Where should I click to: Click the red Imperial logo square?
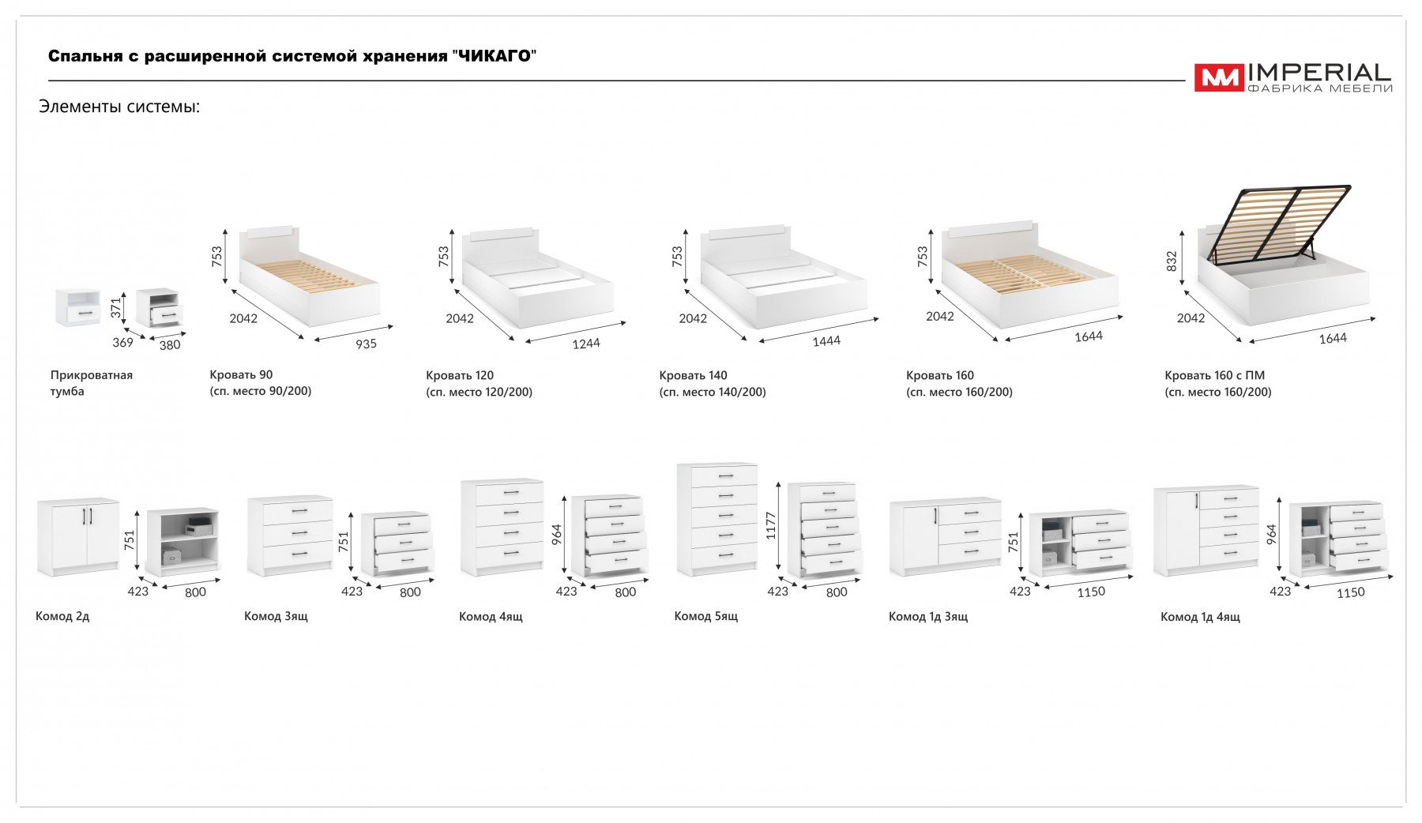pyautogui.click(x=1218, y=77)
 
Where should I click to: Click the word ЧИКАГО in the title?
pyautogui.click(x=495, y=56)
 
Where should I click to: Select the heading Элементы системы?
pyautogui.click(x=119, y=107)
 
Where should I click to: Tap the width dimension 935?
pyautogui.click(x=366, y=344)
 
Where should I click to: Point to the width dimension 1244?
pyautogui.click(x=586, y=344)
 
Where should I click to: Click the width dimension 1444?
pyautogui.click(x=826, y=341)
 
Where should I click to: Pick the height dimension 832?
pyautogui.click(x=1172, y=261)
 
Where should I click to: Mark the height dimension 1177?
pyautogui.click(x=771, y=526)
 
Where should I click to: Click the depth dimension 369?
pyautogui.click(x=122, y=343)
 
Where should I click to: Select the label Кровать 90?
pyautogui.click(x=241, y=375)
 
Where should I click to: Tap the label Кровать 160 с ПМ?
pyautogui.click(x=1214, y=376)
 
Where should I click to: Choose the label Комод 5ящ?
pyautogui.click(x=705, y=616)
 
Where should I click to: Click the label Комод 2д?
pyautogui.click(x=62, y=616)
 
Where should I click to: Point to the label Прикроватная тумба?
pyautogui.click(x=91, y=383)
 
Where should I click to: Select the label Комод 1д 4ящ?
pyautogui.click(x=1200, y=617)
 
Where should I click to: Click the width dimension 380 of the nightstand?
pyautogui.click(x=170, y=345)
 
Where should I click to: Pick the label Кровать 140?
pyautogui.click(x=693, y=376)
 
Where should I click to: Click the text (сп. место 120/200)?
pyautogui.click(x=479, y=392)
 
